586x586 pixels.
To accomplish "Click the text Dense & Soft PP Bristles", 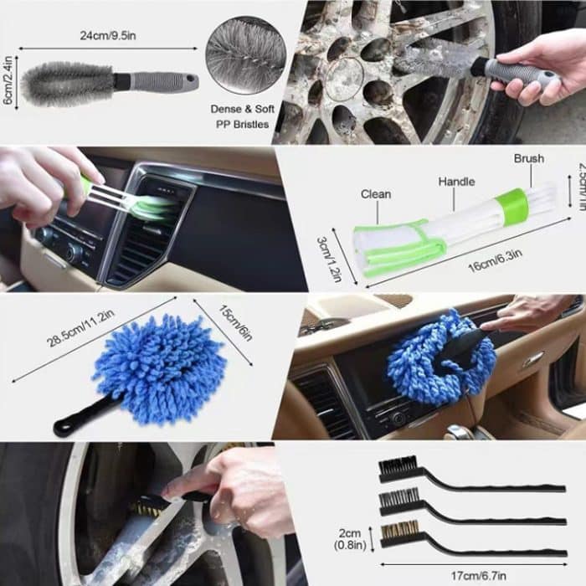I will [x=241, y=117].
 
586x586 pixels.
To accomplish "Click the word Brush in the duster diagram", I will [x=529, y=158].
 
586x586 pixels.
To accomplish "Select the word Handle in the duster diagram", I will [x=456, y=182].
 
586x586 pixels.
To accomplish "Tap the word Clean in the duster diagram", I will [x=376, y=194].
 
